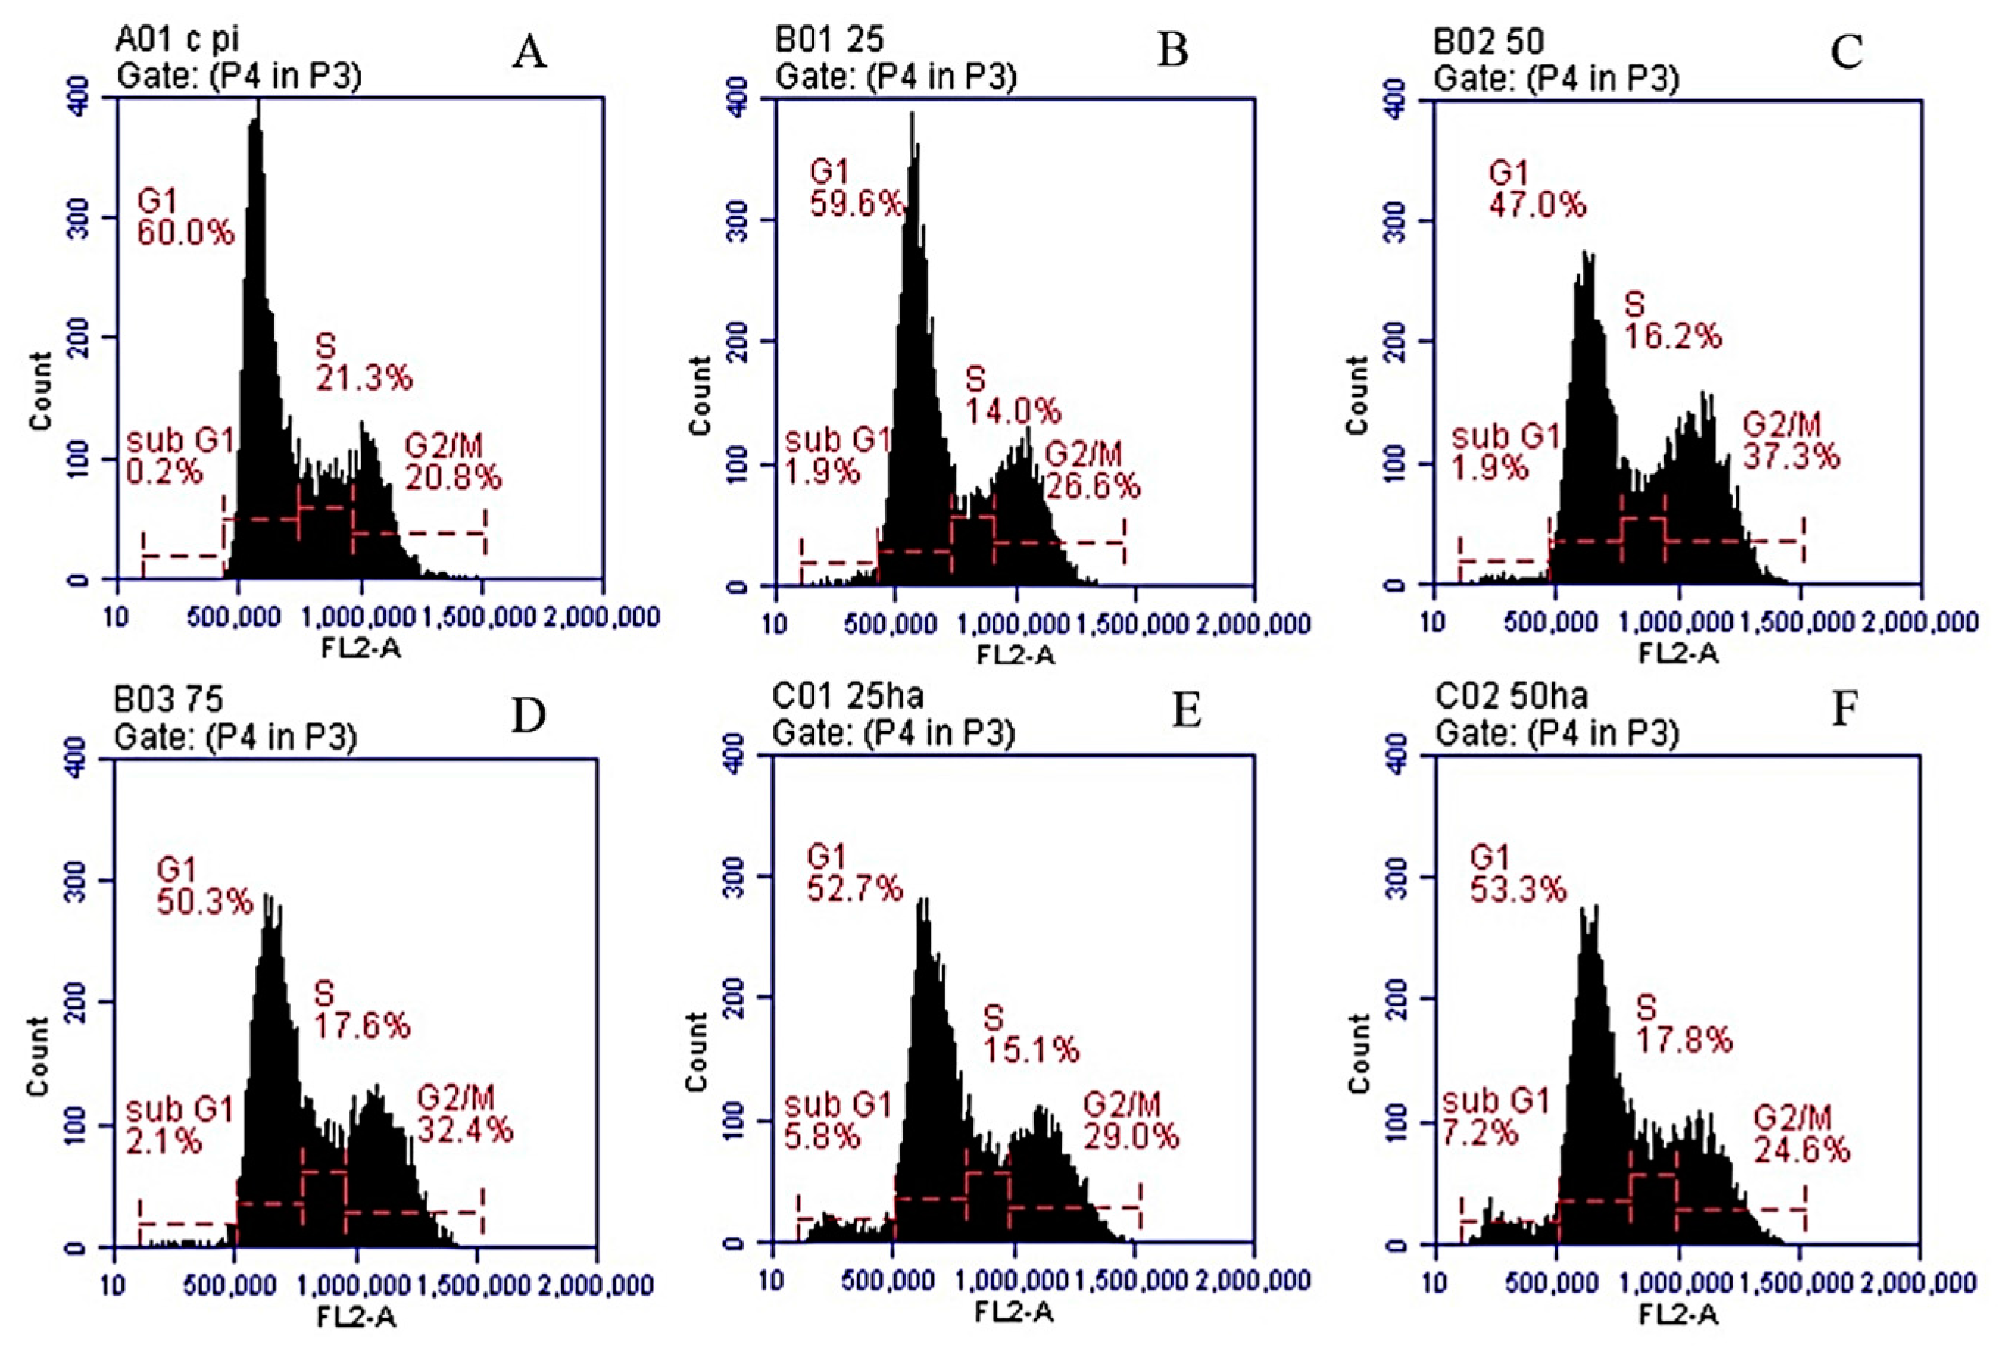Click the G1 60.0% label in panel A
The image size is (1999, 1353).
pyautogui.click(x=185, y=217)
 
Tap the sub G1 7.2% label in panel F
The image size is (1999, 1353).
pyautogui.click(x=1495, y=1116)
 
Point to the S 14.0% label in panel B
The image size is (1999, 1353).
pyautogui.click(x=1012, y=395)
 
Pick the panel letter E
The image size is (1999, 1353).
pyautogui.click(x=1186, y=712)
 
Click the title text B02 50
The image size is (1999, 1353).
pyautogui.click(x=1489, y=41)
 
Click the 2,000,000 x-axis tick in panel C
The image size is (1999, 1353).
pyautogui.click(x=1920, y=621)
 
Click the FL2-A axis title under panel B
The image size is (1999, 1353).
pyautogui.click(x=1015, y=656)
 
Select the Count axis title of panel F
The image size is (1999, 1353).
pyautogui.click(x=1358, y=1053)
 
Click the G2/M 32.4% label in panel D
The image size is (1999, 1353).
pyautogui.click(x=464, y=1113)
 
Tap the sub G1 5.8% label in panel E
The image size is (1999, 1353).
pyautogui.click(x=837, y=1120)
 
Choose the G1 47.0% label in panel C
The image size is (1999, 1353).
pyautogui.click(x=1536, y=189)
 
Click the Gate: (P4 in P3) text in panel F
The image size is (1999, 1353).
pyautogui.click(x=1557, y=734)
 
